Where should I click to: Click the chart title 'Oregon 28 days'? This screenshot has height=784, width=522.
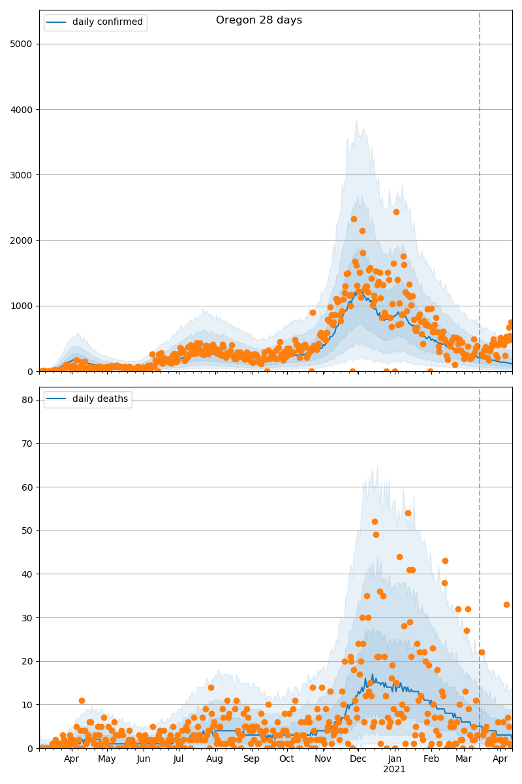tap(259, 20)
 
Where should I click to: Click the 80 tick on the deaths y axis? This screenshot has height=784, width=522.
tap(27, 400)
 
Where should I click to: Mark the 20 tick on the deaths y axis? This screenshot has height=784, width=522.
tap(27, 661)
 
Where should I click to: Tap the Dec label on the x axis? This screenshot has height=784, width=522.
tap(358, 759)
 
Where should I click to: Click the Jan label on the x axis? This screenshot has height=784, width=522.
tap(394, 759)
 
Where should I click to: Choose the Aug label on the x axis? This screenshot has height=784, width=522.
tap(215, 759)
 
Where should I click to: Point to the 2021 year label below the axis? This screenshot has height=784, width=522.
tap(394, 770)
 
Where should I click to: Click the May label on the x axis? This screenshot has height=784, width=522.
tap(107, 759)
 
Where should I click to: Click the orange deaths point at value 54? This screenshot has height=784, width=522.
tap(408, 513)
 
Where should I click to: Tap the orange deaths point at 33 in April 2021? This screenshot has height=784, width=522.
tap(506, 604)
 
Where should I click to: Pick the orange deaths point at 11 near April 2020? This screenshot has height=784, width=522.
tap(82, 700)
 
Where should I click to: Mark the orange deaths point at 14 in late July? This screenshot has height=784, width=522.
tap(211, 687)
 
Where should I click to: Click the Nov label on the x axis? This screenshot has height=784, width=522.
tap(322, 759)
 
